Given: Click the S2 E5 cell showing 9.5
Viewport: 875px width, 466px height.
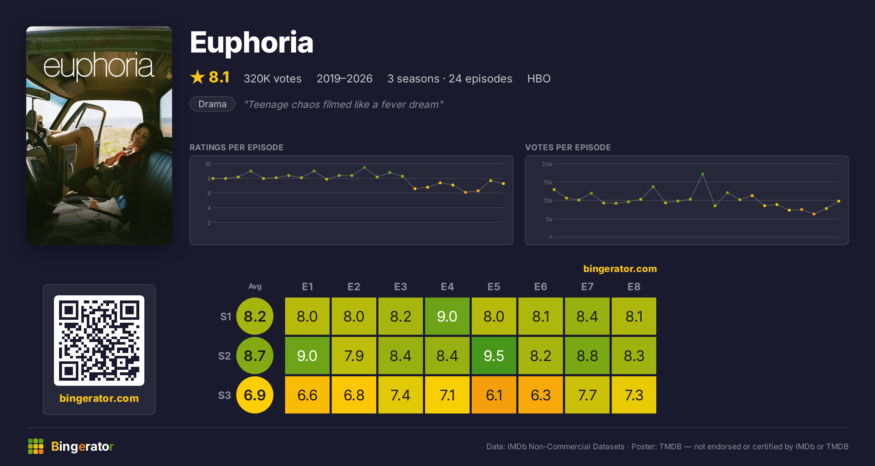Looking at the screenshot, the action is click(494, 356).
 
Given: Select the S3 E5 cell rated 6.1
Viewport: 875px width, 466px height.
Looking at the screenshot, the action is click(494, 395).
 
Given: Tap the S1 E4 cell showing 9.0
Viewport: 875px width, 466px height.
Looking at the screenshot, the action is click(447, 316).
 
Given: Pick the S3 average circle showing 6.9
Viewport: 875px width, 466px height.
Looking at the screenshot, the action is click(255, 395).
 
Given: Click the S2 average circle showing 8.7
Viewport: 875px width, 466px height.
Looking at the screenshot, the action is click(255, 356).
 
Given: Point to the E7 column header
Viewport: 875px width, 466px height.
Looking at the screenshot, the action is click(587, 287).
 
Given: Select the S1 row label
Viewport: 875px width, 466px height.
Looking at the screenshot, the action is click(226, 317).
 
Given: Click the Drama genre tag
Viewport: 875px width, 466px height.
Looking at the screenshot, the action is click(213, 104).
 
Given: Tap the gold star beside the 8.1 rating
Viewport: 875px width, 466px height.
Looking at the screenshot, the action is click(198, 77).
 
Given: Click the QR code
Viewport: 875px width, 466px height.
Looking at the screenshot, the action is click(99, 341).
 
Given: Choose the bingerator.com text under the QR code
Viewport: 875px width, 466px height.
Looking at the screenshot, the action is click(99, 398).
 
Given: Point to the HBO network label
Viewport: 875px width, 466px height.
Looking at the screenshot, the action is click(539, 78).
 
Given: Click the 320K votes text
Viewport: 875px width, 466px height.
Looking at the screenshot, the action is click(273, 78).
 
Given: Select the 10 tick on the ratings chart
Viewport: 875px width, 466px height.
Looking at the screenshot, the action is click(208, 164).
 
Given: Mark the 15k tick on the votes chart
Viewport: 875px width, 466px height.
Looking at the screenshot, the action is click(548, 182).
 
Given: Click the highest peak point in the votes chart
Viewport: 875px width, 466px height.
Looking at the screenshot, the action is click(703, 174).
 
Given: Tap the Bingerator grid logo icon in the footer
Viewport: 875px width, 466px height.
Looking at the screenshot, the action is click(36, 446).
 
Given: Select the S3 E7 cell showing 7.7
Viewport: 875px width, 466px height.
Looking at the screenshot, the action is click(587, 395).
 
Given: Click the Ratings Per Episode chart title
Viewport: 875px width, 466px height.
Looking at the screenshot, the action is click(236, 147).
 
